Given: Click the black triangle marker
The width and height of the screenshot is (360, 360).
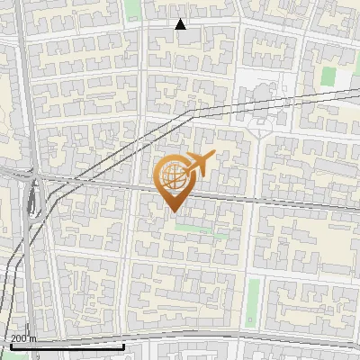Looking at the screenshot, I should [x=181, y=24].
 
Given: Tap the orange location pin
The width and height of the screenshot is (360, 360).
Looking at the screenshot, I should [x=175, y=181].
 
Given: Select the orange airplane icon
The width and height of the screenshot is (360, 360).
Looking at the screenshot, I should [x=198, y=164].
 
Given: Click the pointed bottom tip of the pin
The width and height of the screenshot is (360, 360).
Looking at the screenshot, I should [x=175, y=211].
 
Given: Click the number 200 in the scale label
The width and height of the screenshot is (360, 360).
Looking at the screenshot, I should [x=20, y=338].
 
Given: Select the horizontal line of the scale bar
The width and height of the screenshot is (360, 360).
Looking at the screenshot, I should [x=67, y=346].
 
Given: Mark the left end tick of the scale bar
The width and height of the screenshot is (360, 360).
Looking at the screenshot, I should [x=11, y=345].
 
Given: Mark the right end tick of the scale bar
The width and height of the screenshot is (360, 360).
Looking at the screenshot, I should [x=123, y=345].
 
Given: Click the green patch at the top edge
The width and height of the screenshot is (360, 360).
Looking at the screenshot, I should [x=134, y=8].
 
